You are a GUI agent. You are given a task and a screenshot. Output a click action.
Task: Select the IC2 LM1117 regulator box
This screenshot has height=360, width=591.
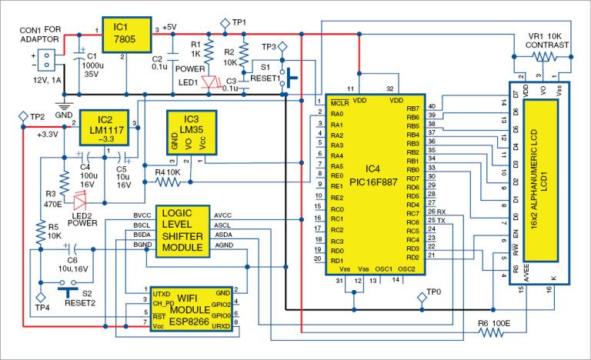point(105,125)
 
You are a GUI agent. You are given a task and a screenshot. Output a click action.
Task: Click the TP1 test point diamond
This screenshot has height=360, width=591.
point(225,23)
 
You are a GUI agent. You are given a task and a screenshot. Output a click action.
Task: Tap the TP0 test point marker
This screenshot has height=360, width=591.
point(422,298)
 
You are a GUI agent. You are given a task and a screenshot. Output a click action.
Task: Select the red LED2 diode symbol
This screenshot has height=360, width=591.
point(80,200)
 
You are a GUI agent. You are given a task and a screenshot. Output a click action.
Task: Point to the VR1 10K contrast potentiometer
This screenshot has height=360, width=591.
point(543,56)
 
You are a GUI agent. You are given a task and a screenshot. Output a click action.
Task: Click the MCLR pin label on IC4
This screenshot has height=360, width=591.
point(339,103)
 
